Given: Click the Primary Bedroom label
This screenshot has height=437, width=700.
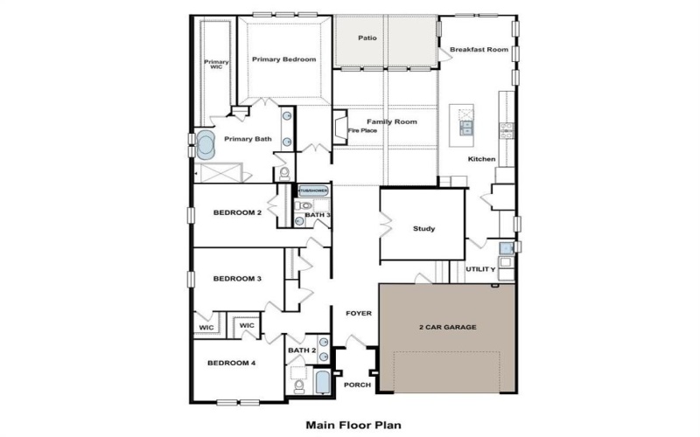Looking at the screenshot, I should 283,59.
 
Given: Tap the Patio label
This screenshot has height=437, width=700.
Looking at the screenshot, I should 368,38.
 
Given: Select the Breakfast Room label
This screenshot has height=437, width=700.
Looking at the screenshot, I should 479,50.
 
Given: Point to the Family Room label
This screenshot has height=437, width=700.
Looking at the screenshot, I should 391,121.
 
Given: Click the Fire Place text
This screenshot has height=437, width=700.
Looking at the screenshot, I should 362,130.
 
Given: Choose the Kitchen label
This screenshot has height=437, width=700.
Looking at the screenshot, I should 481,159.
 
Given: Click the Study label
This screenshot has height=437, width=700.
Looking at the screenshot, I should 423,229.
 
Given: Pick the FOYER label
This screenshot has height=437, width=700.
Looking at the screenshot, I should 359,312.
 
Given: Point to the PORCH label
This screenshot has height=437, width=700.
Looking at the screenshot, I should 357,385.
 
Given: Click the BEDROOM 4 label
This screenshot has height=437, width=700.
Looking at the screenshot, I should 231,363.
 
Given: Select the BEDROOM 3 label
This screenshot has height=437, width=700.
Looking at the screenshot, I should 237,279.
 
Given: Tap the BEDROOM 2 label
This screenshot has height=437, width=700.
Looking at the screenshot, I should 237,212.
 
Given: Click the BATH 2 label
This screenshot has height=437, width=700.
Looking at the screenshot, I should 301,350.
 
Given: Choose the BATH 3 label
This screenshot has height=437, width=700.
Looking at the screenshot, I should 318,214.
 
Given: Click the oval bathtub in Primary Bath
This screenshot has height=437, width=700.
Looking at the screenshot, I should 206,145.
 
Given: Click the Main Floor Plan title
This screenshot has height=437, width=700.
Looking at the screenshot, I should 353,426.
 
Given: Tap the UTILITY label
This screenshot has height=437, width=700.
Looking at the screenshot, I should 480,269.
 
